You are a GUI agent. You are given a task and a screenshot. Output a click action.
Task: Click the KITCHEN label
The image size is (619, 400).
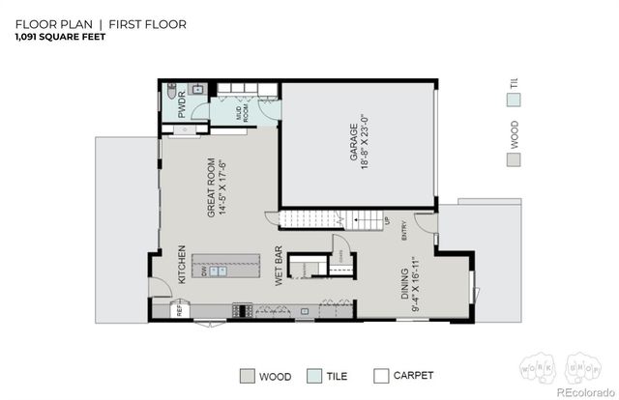click(x=181, y=264)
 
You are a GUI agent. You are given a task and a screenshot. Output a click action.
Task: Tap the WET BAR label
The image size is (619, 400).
click(x=279, y=263)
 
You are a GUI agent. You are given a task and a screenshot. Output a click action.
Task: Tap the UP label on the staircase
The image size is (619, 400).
click(x=388, y=222)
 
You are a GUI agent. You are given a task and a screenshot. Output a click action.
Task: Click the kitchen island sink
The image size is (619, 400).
click(x=218, y=271)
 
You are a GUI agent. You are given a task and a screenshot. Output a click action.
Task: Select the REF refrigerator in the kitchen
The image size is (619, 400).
click(x=179, y=309)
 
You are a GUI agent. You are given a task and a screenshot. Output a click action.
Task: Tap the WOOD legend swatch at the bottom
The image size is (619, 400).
click(x=249, y=376)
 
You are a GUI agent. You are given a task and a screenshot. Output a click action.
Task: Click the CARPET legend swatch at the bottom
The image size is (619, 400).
click(x=381, y=376)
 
